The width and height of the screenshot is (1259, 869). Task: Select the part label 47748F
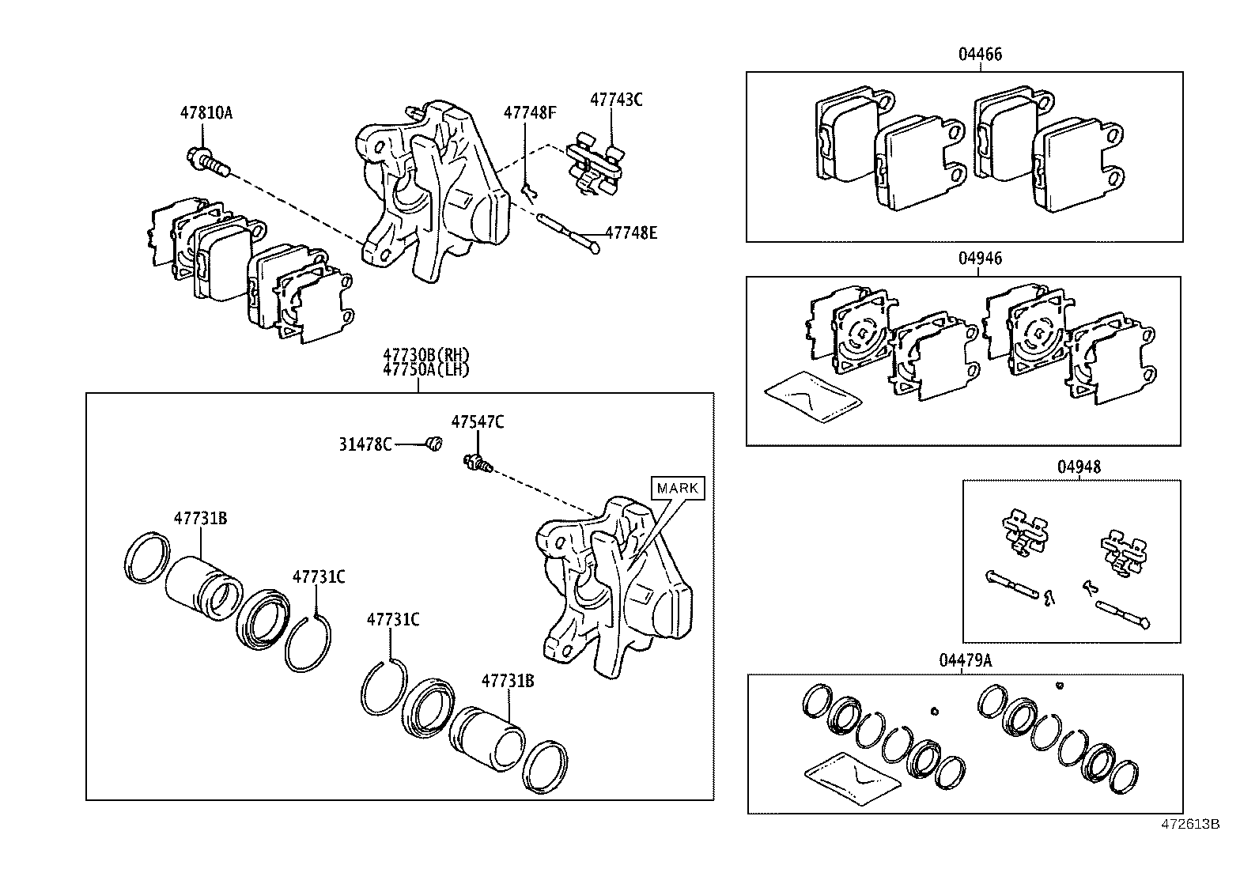click(x=530, y=112)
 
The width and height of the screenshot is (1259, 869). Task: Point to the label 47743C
click(x=616, y=100)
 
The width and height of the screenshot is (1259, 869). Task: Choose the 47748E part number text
click(x=631, y=232)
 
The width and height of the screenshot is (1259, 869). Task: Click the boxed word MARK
click(x=678, y=488)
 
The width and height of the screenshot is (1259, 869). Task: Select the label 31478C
click(x=365, y=444)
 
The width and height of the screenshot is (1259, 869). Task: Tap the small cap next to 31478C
click(x=433, y=445)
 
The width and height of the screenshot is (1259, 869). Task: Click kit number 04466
click(x=980, y=55)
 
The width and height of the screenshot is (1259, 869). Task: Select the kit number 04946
click(x=980, y=259)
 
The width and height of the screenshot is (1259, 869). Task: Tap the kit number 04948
click(x=1079, y=467)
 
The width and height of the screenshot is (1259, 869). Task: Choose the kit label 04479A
click(x=965, y=660)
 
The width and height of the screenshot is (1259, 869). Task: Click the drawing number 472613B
click(x=1189, y=824)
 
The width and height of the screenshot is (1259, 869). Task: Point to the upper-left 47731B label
click(x=200, y=519)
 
